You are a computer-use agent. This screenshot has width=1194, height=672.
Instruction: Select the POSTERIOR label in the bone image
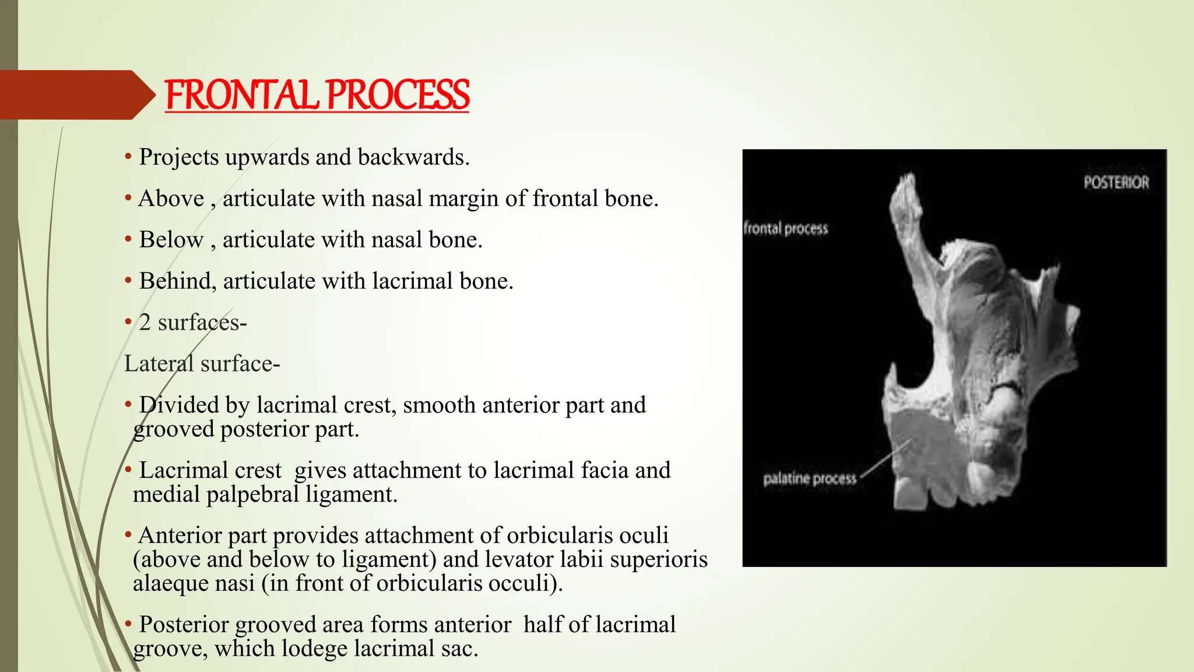pos(1116,183)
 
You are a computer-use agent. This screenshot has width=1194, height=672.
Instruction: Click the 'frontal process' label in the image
pos(786,228)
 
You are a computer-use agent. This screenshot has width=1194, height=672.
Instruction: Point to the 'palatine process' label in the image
pos(810,479)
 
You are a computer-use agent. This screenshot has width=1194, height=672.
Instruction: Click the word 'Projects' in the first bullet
pos(178,157)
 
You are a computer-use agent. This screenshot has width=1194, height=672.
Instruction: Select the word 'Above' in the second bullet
pos(171,199)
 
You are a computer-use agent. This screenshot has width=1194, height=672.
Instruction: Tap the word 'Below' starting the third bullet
pos(171,240)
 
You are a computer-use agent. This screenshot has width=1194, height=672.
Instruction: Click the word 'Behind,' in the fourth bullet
pos(177,281)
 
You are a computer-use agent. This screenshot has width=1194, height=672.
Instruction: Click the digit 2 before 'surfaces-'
pos(145,323)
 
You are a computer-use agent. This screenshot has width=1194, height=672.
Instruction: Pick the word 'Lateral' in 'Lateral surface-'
pos(159,364)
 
